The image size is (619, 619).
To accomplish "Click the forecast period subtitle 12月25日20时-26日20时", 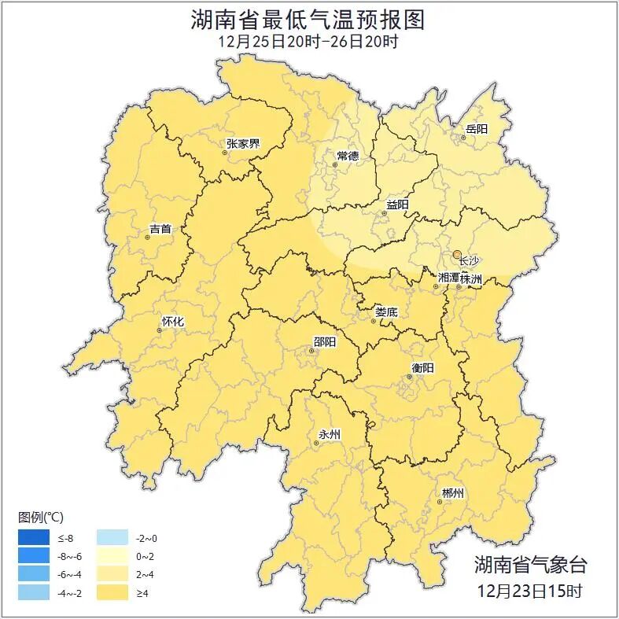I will [308, 42].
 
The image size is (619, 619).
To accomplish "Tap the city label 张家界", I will [242, 144].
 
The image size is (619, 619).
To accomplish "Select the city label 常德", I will [347, 156].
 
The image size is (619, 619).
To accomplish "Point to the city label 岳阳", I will [476, 129].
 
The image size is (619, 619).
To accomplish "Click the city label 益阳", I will [396, 205].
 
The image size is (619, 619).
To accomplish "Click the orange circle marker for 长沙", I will [457, 254].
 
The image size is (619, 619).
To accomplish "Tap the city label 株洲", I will [471, 278].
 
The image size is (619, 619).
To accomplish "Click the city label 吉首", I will [160, 229].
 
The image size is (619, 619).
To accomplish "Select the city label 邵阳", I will [324, 341].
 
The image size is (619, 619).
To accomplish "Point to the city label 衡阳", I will [422, 368].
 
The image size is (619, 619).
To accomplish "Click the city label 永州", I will [329, 434].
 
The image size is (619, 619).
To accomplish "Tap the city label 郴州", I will [452, 493].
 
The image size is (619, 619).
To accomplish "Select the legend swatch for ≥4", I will [112, 592].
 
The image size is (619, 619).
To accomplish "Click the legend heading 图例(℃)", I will [41, 518].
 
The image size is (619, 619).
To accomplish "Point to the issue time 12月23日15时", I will [529, 591].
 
